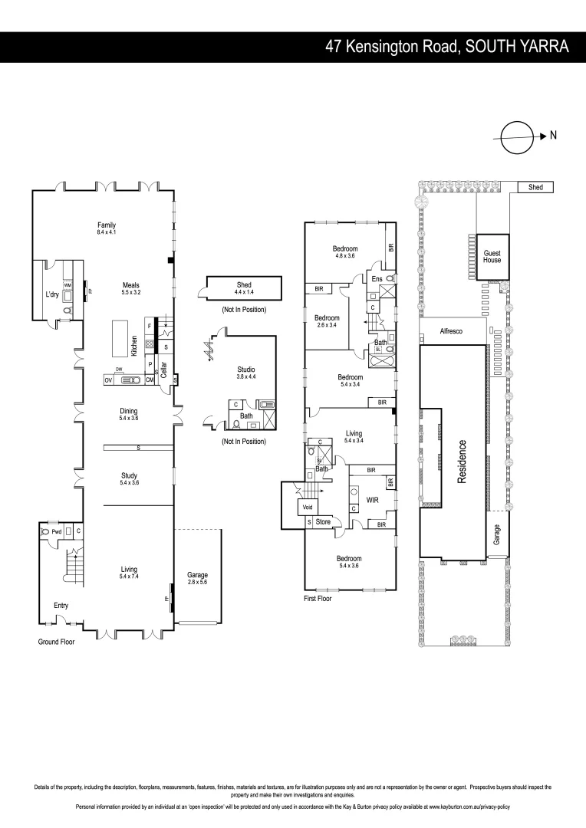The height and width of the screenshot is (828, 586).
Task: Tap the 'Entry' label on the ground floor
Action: coord(61,606)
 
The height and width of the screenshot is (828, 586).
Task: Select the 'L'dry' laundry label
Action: coord(53,294)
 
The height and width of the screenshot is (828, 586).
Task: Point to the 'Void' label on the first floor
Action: coord(308,508)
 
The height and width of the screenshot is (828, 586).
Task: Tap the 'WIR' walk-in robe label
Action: coord(373,498)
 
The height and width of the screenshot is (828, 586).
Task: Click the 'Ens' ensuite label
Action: coord(377,279)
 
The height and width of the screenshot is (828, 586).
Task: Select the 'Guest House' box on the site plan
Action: coord(492,255)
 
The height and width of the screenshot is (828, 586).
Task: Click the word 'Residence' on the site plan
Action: coord(463,460)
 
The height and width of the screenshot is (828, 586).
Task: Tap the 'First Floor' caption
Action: coord(318,599)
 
